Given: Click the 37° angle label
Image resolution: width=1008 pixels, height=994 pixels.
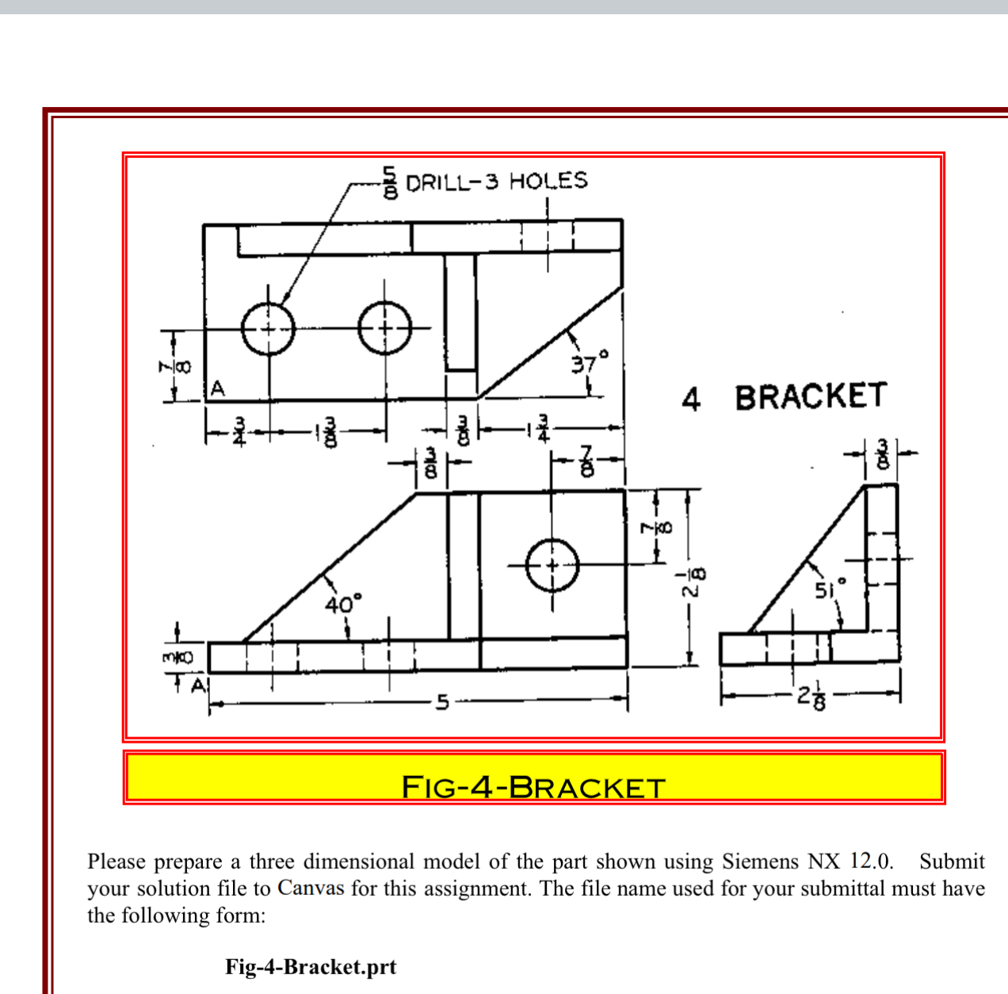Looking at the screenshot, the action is coord(590,361).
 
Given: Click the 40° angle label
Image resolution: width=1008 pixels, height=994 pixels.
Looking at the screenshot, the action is coord(343,603).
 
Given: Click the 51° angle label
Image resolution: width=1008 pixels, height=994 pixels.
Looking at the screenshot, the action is coord(830,589).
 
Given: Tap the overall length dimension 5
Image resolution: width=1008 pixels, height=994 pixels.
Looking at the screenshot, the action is coord(442,702).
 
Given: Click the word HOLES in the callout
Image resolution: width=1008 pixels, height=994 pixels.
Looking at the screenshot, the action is coord(548,181).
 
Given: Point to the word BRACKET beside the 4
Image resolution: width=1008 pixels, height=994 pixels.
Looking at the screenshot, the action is coord(811,396).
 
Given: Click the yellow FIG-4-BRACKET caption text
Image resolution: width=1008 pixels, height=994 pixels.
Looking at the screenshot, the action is coord(533,787).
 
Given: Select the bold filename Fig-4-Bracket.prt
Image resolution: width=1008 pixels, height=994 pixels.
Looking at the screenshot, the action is coord(311,965).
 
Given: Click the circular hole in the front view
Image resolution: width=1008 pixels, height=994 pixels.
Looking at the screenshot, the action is coord(552,565).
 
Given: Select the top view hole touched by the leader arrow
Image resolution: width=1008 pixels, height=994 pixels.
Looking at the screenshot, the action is coord(269,328).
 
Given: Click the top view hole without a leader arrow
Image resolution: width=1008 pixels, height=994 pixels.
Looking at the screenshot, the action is coord(385,328).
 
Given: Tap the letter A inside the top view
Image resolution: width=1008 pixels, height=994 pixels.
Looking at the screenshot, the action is coord(218,388).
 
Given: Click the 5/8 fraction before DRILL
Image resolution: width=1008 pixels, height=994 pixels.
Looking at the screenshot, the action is coord(390,182).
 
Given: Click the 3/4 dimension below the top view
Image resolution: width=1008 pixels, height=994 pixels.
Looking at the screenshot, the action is coord(239,430).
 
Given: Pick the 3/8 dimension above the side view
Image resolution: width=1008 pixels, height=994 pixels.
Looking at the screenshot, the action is coord(882,453).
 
